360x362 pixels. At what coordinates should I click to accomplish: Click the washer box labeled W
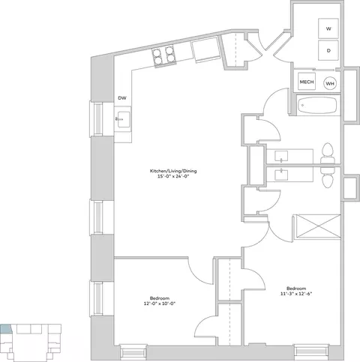[328, 28]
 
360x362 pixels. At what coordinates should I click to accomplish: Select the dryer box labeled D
[328, 50]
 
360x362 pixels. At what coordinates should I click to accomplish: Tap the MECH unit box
[307, 82]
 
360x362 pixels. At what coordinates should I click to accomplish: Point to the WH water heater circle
[330, 83]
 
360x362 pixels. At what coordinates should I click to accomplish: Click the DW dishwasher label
[122, 98]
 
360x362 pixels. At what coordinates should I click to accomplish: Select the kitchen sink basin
[123, 119]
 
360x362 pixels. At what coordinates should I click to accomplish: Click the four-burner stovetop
[163, 56]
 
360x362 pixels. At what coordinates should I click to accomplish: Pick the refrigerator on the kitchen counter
[206, 49]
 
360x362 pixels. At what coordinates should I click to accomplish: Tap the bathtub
[318, 105]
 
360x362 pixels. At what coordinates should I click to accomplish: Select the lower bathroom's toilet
[328, 177]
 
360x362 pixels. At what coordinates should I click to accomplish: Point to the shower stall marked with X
[317, 226]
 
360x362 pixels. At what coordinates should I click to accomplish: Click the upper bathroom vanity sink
[281, 156]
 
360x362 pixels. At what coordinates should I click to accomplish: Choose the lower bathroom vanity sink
[281, 175]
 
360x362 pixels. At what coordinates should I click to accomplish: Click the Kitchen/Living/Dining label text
[173, 171]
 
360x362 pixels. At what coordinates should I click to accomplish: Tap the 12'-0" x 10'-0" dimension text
[160, 304]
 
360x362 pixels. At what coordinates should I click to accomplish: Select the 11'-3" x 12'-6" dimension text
[296, 294]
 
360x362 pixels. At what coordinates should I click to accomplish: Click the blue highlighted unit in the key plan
[6, 329]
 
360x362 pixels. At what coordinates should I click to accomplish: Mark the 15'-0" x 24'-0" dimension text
[173, 176]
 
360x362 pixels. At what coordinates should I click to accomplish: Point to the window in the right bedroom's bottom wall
[311, 351]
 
